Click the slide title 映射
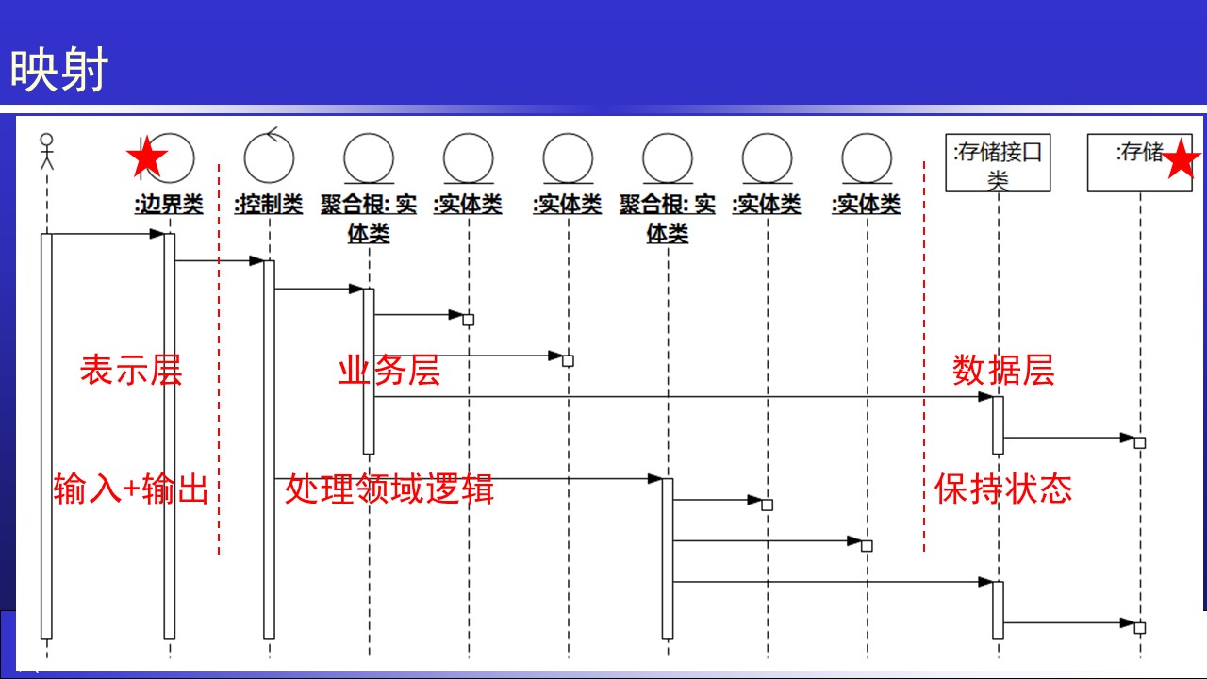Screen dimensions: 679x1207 [x=59, y=71]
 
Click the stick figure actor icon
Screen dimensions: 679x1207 [x=46, y=151]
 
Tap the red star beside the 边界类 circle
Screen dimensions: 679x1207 [x=147, y=158]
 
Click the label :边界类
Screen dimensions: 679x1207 [x=169, y=205]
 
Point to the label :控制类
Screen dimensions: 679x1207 [x=269, y=205]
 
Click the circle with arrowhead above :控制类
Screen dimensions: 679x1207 [x=269, y=156]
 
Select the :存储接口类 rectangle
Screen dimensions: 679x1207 [x=998, y=162]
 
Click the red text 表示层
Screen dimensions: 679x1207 [x=130, y=371]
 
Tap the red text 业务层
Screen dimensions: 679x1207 [x=389, y=371]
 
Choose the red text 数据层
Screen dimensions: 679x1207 [x=1003, y=371]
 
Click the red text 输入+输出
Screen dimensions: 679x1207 [x=130, y=489]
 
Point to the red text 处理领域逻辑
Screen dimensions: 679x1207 [x=389, y=489]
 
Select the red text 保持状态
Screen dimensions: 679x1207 [x=1003, y=489]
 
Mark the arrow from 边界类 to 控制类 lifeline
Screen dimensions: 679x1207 [x=219, y=260]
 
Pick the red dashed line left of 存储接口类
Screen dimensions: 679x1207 [x=924, y=358]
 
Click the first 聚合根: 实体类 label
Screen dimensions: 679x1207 [x=369, y=218]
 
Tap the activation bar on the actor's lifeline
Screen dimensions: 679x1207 [x=45, y=434]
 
